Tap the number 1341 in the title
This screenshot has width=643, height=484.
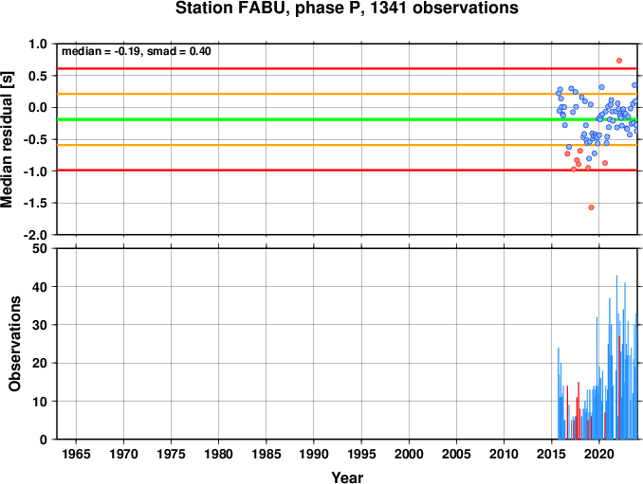[x=390, y=8]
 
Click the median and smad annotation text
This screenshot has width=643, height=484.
[x=137, y=51]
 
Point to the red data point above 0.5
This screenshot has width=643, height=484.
[x=619, y=61]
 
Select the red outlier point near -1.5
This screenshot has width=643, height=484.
[x=592, y=207]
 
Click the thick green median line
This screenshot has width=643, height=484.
[x=347, y=119]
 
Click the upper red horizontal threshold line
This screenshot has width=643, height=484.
[x=347, y=68]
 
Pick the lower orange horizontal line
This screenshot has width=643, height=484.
[x=347, y=145]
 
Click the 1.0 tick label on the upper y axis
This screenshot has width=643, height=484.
[x=38, y=44]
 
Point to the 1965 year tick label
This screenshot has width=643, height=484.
[x=76, y=454]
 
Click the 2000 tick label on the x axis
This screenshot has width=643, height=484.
[x=409, y=454]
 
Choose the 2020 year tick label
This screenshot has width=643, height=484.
[x=599, y=454]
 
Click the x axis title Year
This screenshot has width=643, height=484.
[x=347, y=477]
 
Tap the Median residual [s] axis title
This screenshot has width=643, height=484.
[x=7, y=140]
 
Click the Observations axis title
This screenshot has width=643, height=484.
[x=14, y=344]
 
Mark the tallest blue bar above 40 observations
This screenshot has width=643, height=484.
[x=616, y=357]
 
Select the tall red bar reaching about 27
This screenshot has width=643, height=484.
[x=619, y=387]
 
